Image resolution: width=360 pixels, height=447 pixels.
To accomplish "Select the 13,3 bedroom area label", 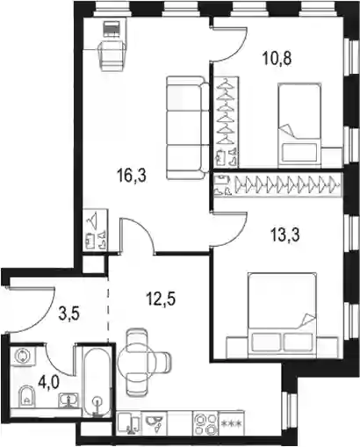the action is (285, 236).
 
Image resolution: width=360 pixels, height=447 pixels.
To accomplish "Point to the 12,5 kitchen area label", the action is (161, 299).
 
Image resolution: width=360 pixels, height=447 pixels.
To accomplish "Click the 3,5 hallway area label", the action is (69, 315).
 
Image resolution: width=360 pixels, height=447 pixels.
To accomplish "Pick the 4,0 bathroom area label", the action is (49, 382).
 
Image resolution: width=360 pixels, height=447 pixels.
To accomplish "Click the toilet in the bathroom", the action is (26, 396).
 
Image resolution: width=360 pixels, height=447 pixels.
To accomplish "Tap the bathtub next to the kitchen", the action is (97, 381).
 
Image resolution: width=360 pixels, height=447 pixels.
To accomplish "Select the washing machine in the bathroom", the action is (23, 356).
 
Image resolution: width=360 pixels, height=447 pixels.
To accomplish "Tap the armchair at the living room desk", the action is (113, 55).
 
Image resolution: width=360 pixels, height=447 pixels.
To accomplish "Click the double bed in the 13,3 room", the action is (282, 315).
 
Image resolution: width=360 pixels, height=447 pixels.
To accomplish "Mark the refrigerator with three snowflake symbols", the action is (232, 423).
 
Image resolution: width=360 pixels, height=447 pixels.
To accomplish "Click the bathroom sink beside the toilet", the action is (68, 400).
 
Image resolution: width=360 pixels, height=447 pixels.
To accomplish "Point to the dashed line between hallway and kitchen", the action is (108, 309).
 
